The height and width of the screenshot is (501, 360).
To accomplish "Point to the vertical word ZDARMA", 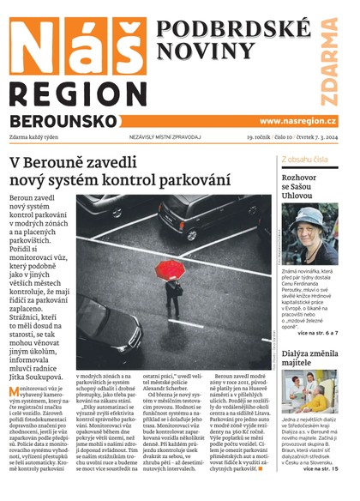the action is tap(329, 57).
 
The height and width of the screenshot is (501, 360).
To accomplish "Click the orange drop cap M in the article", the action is tap(15, 367).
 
